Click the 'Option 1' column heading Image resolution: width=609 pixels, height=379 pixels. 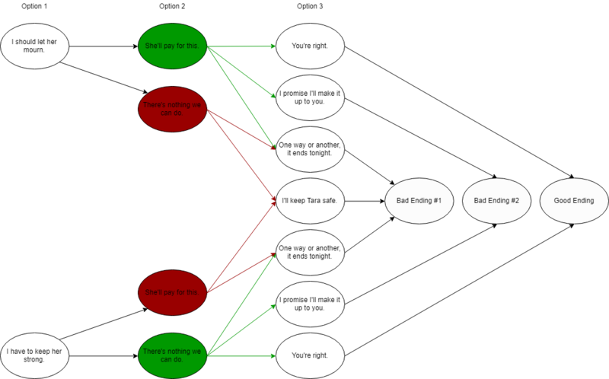coord(36,7)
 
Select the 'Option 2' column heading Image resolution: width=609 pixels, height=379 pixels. coord(173,7)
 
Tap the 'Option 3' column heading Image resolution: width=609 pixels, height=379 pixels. coord(310,7)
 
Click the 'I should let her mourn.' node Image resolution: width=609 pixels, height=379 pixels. coord(35,46)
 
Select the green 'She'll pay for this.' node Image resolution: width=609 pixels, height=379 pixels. coord(173,46)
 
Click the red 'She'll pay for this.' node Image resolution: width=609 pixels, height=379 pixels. coord(173,291)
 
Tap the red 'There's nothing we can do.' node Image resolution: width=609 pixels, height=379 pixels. coord(173,109)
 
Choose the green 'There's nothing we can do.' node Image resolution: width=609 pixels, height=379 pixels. coord(173,355)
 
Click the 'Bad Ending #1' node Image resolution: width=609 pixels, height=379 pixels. coord(419,201)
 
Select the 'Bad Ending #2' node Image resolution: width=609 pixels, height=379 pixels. coord(497,201)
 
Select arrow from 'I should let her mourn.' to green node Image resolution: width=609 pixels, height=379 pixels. coord(104,46)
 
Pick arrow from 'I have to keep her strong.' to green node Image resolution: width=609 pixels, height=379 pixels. coord(104,355)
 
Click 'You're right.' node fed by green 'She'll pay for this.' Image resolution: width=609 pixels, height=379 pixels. coord(310,46)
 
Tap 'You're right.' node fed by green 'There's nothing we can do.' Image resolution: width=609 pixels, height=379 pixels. coord(310,355)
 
